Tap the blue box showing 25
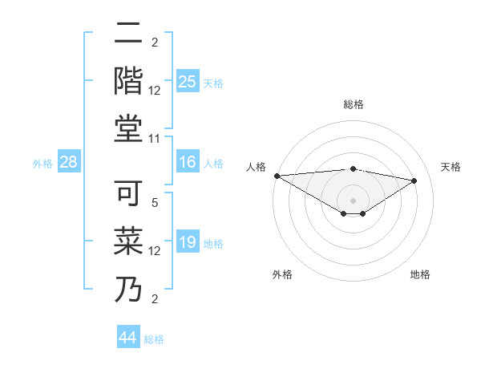[187, 81]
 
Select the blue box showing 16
[187, 163]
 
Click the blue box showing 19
[187, 243]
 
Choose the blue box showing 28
[69, 163]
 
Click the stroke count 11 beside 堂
[155, 139]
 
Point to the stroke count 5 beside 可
[155, 203]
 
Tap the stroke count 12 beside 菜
[155, 251]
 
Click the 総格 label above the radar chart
[353, 104]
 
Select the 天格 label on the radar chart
[451, 167]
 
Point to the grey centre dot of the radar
[353, 200]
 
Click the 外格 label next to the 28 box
[42, 164]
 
